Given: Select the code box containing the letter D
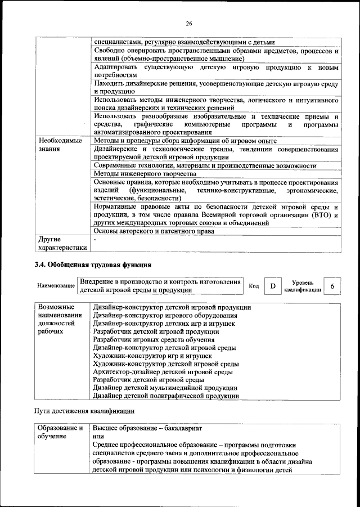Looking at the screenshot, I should tap(273, 286).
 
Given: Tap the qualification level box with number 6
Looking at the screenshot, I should tap(332, 286).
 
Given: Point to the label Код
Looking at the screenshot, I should tap(254, 286).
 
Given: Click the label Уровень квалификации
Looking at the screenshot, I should tap(303, 286).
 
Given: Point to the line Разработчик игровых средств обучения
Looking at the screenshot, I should tap(154, 340).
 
